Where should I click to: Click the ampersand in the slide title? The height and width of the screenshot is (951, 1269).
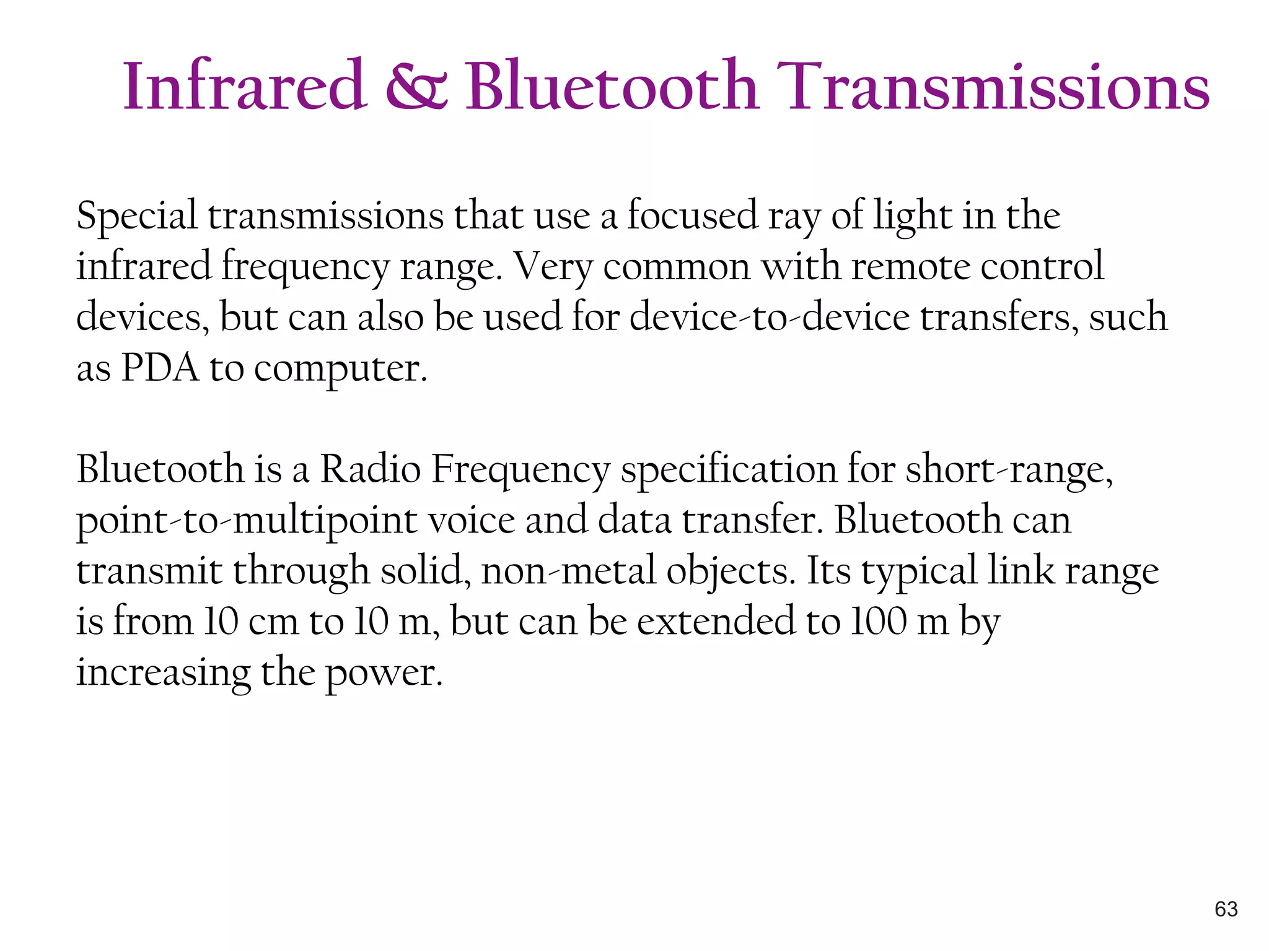click(416, 87)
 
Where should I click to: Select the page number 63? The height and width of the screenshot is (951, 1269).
click(1226, 909)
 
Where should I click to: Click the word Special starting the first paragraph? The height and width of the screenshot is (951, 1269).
click(137, 217)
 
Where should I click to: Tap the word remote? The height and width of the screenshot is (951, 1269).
click(911, 266)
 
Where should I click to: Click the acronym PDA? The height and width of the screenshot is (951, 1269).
click(160, 368)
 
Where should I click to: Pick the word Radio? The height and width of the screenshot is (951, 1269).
click(370, 469)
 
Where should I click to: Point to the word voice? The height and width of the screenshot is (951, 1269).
click(472, 520)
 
